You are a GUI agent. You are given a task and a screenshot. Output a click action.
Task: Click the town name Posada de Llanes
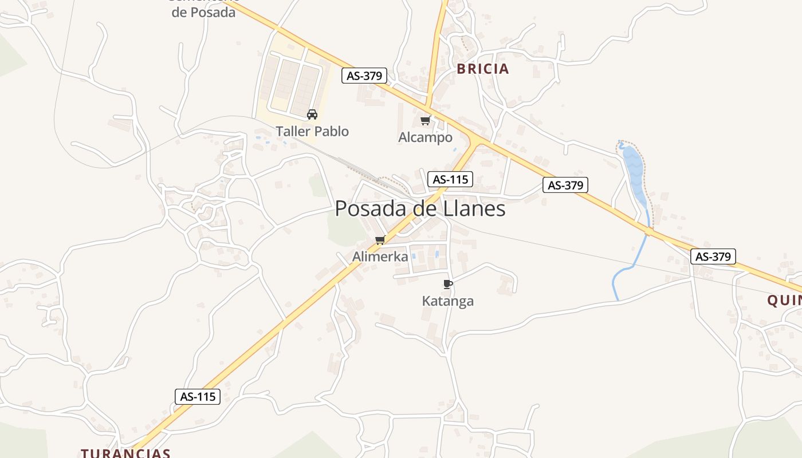coord(420,208)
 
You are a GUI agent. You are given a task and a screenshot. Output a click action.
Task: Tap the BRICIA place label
coord(482,69)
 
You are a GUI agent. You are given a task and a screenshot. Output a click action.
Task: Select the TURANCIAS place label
coord(125,453)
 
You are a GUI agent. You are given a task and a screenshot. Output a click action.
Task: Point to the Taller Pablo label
coord(312,131)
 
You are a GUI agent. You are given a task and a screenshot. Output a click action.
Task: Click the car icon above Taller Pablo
coord(312,114)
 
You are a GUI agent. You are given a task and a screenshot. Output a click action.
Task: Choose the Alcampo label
coord(425,137)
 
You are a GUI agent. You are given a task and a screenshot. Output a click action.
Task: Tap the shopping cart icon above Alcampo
coord(425,120)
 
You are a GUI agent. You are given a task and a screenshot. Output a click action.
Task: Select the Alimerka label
coord(380,256)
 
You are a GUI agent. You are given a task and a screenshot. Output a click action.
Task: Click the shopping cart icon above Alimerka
coord(380,240)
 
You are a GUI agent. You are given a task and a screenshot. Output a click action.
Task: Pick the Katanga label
coord(448,301)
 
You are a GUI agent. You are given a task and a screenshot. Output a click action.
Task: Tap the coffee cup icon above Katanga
coord(448,284)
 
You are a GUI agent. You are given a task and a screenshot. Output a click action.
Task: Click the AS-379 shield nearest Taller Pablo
coord(364,76)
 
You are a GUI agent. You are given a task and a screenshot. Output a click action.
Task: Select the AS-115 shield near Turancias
coord(198,396)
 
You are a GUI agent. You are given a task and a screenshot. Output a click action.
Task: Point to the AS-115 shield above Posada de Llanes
coord(450,179)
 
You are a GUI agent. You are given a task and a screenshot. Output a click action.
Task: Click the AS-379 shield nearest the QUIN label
coord(713,256)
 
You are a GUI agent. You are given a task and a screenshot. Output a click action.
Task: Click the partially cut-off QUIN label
coord(784,301)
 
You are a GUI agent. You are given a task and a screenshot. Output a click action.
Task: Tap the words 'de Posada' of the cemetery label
coord(203,12)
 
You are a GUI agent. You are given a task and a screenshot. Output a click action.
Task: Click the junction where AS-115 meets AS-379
coord(474,139)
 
